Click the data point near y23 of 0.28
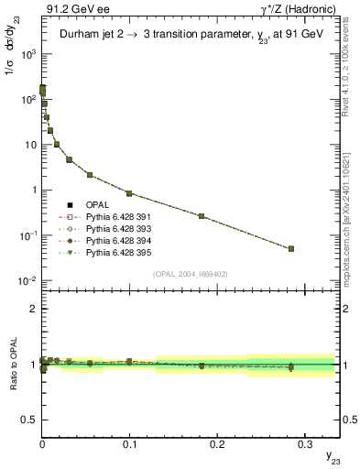pos(290,248)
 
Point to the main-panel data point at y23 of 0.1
pos(129,193)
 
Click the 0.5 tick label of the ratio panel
pos(28,419)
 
